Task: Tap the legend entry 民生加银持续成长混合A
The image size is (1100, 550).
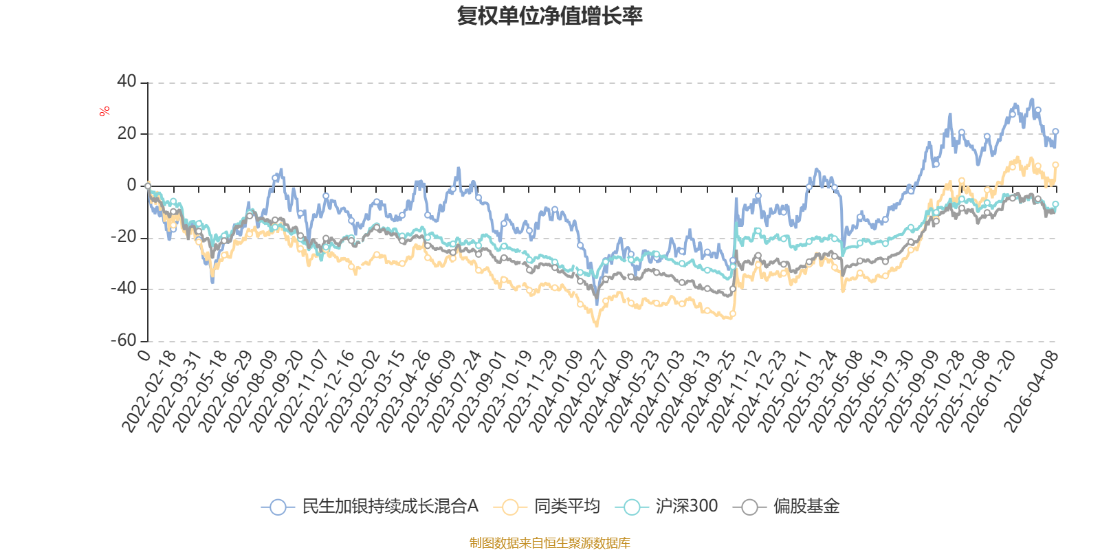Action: coord(389,507)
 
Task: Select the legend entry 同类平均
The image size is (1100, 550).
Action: coord(566,507)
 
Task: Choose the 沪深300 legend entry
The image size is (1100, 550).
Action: coord(685,507)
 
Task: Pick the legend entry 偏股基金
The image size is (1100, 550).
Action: coord(806,507)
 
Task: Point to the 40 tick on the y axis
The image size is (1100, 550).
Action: coord(126,82)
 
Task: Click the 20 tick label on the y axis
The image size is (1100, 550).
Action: coord(126,133)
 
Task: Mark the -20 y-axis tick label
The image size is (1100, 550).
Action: coord(124,237)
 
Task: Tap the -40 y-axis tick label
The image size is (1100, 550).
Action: coord(124,289)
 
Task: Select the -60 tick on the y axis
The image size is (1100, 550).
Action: coord(124,340)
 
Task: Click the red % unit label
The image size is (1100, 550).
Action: coord(104,111)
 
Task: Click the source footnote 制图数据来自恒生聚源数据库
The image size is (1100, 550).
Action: coord(549,543)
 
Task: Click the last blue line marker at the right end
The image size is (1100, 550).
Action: coord(1055,131)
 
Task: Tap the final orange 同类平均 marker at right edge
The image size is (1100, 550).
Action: coord(1055,165)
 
